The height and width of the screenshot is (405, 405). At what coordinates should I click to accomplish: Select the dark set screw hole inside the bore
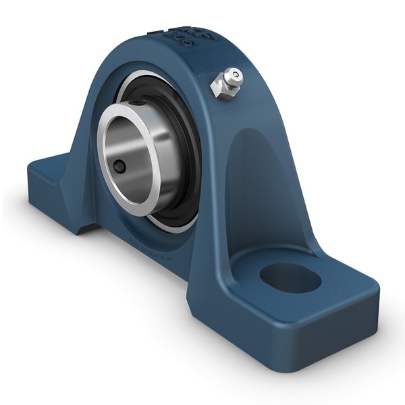pyautogui.click(x=119, y=166)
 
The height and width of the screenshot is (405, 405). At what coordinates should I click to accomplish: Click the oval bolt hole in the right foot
pyautogui.click(x=290, y=277)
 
